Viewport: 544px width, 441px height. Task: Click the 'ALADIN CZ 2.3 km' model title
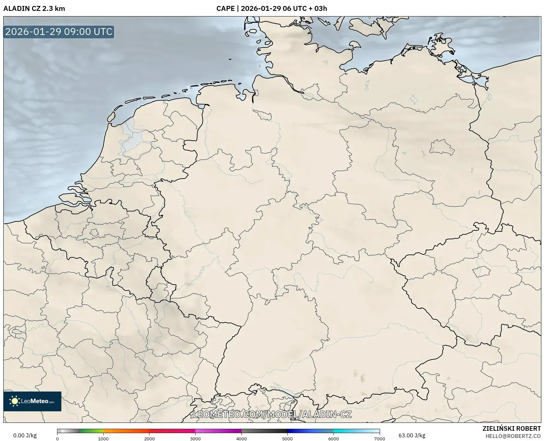point(34,9)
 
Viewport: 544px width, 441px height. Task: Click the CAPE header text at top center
point(272,9)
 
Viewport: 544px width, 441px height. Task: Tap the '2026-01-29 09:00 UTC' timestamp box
point(59,32)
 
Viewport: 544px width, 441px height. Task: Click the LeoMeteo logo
point(32,401)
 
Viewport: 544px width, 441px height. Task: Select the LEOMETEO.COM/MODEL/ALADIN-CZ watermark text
point(272,414)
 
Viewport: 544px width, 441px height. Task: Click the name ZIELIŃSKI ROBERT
point(512,428)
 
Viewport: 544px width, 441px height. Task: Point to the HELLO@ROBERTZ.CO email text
point(513,436)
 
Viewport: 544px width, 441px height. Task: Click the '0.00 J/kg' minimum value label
point(25,435)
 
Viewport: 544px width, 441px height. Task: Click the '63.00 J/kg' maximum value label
point(412,435)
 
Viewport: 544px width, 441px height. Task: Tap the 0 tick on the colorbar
point(57,439)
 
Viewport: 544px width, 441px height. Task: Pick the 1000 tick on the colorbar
point(103,439)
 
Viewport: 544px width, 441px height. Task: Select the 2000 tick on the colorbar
point(149,439)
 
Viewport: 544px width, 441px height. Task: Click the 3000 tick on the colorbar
point(195,439)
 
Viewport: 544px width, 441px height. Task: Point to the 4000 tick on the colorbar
point(241,439)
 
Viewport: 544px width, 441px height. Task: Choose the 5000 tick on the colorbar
point(287,439)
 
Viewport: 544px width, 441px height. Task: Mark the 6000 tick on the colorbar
point(334,439)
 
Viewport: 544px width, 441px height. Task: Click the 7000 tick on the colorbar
point(379,439)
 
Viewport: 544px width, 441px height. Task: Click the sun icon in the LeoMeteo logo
point(15,401)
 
